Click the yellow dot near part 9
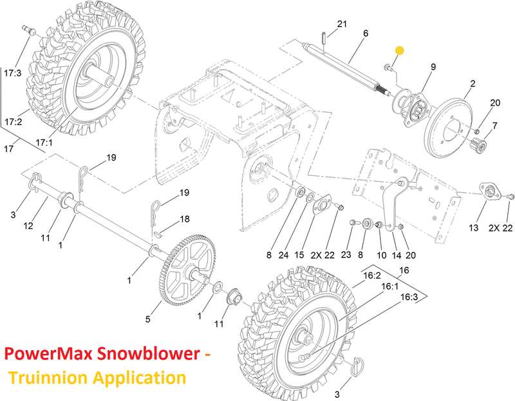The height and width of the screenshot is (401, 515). (x=399, y=51)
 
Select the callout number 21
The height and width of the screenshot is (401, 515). (x=342, y=24)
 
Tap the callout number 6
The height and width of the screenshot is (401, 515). (x=366, y=34)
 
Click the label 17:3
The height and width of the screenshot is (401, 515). (x=12, y=73)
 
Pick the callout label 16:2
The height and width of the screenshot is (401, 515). (x=372, y=275)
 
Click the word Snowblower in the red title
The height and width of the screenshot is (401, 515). (x=149, y=353)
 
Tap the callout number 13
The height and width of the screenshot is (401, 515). (x=473, y=228)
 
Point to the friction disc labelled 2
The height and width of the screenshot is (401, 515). (x=448, y=127)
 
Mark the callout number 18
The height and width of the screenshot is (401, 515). (x=185, y=219)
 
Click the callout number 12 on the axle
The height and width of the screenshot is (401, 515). (x=28, y=226)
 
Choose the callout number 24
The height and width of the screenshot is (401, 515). (x=283, y=255)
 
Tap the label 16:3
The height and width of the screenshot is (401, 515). (x=409, y=297)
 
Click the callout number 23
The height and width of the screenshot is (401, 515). (x=346, y=255)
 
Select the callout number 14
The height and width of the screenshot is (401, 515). (x=397, y=255)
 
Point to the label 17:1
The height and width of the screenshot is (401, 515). (x=44, y=142)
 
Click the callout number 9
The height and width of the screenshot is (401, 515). (x=433, y=67)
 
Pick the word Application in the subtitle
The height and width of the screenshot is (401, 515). (x=139, y=377)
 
